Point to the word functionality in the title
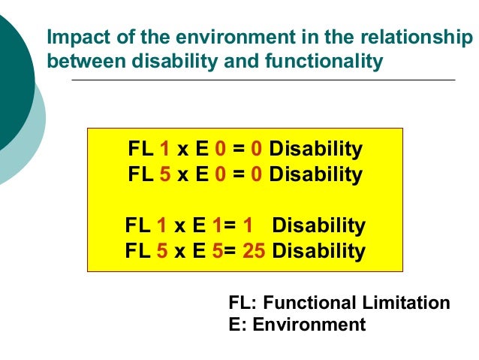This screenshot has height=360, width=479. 325,61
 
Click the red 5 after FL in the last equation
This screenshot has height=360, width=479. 161,250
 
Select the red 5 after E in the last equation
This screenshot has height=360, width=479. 217,250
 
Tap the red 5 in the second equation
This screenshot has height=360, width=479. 164,174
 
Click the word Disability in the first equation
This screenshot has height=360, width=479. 315,149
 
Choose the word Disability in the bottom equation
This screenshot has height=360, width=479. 319,250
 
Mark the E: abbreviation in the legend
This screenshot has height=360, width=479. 235,325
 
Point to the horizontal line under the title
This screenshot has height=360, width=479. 263,80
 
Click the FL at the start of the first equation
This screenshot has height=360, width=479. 140,149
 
